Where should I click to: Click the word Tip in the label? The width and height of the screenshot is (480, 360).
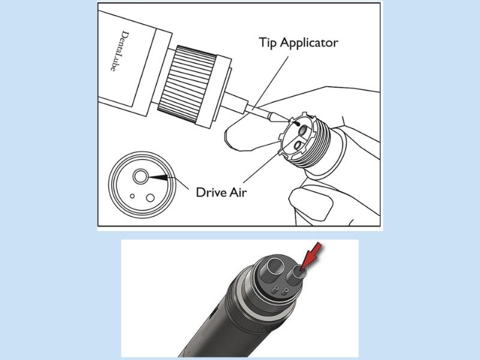[268, 42]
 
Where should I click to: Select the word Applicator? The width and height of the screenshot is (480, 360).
[309, 43]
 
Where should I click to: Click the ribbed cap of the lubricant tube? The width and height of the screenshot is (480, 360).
[187, 85]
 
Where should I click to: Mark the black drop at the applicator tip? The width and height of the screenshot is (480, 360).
[297, 124]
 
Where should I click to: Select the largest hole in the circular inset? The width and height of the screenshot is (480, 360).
[140, 176]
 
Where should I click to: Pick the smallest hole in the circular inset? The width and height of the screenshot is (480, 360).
[132, 196]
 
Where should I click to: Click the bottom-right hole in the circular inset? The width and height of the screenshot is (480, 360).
[151, 198]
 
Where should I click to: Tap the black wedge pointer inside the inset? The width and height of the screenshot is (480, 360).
[158, 177]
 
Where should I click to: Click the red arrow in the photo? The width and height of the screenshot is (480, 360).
[310, 256]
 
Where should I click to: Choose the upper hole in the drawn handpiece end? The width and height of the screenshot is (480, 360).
[304, 130]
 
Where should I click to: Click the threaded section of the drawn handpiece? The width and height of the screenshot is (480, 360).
[319, 144]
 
